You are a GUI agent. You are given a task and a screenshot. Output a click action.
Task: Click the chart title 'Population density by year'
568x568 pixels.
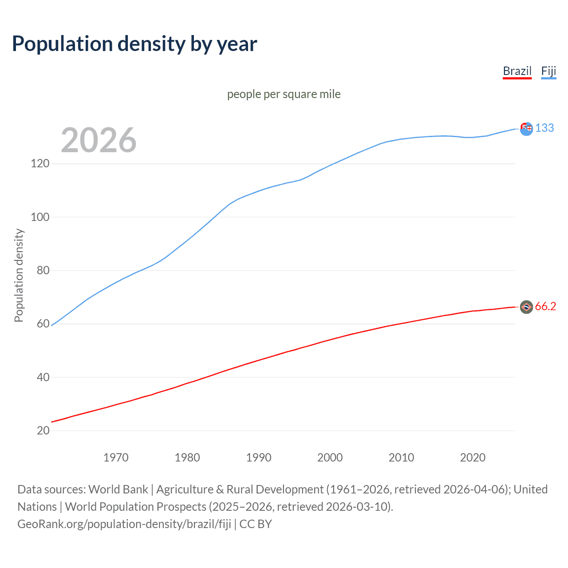[134, 44]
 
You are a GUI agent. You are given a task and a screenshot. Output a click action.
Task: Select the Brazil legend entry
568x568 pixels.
[517, 71]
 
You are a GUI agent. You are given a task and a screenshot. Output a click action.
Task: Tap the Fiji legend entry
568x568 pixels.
[548, 71]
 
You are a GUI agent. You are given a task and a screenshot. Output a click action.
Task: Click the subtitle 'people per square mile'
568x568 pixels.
[284, 94]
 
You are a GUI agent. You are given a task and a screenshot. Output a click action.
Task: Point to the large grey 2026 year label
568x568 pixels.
[99, 140]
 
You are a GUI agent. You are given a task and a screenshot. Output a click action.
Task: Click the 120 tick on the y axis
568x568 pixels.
[40, 164]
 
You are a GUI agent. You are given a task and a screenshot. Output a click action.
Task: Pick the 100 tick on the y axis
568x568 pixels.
[40, 217]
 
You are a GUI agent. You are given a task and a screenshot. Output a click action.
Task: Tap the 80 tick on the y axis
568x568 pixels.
[43, 270]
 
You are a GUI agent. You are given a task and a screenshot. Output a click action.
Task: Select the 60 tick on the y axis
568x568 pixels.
[43, 324]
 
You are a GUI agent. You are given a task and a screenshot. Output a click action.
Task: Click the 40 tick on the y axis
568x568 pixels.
[43, 377]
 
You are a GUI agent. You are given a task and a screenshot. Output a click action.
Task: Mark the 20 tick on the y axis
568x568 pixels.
[43, 430]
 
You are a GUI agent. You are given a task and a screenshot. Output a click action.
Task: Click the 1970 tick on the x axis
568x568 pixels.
[116, 458]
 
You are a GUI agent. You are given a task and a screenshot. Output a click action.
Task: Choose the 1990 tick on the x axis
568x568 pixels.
[259, 458]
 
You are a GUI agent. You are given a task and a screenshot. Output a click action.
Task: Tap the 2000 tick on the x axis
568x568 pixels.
[330, 458]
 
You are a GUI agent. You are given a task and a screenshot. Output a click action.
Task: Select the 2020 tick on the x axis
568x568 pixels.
[473, 458]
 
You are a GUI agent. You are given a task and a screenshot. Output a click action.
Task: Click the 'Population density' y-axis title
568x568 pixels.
[19, 275]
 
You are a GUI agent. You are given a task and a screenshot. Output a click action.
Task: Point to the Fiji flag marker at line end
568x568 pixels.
[526, 129]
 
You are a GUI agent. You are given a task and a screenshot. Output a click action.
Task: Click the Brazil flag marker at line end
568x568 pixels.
[526, 307]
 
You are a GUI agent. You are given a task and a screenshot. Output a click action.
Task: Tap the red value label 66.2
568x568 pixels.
[545, 307]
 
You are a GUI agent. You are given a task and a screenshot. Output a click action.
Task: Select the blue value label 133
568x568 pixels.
[544, 128]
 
